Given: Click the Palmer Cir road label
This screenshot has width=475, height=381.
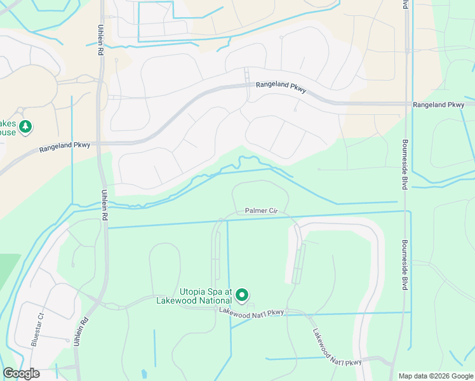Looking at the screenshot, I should [261, 210].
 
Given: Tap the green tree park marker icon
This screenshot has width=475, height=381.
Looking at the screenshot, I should [25, 127].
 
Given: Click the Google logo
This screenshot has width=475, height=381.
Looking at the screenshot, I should [21, 373].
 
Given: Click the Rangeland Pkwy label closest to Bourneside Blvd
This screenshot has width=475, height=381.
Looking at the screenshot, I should [438, 105].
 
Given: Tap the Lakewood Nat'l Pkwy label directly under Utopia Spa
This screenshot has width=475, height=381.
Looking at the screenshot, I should [251, 312].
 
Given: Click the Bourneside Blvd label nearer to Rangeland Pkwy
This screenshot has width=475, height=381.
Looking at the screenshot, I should [404, 164].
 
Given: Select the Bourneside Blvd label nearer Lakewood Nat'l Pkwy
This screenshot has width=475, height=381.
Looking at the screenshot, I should [404, 265].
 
